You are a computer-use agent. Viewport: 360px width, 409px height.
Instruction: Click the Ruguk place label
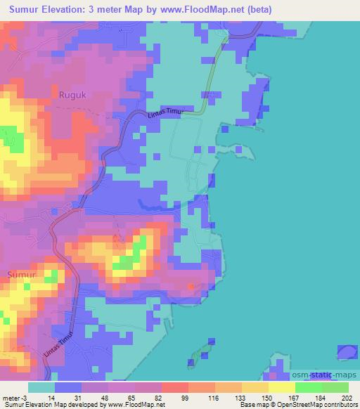[x=70, y=92]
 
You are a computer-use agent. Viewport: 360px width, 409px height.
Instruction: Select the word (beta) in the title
[x=259, y=9]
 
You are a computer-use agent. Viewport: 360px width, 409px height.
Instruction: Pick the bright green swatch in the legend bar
[x=308, y=388]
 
